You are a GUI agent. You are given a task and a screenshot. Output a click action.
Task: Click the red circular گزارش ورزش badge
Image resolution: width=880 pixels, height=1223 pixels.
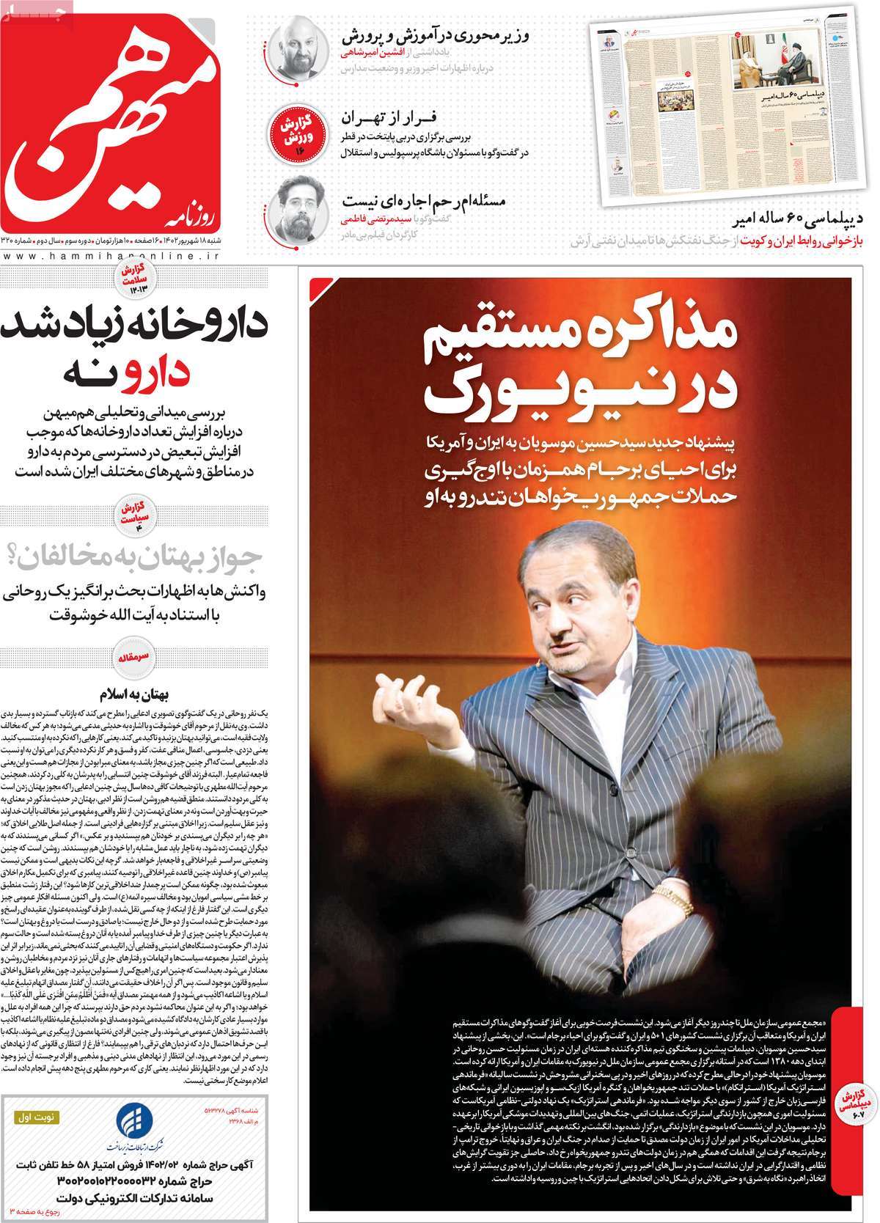tap(299, 131)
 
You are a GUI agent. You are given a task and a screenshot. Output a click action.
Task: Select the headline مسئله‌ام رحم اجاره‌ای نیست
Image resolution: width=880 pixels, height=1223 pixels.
tap(425, 200)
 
